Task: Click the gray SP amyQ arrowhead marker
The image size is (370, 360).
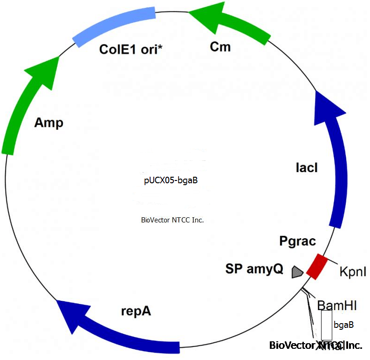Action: [296, 271]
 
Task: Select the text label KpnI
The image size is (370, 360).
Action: [353, 271]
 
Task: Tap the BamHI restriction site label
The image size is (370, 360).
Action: [337, 305]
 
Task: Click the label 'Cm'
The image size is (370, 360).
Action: [220, 47]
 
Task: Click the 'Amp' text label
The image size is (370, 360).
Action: [48, 124]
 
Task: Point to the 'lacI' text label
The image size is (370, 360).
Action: [307, 168]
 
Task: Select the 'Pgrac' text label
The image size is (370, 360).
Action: [297, 242]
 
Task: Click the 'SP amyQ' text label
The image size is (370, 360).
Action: [254, 269]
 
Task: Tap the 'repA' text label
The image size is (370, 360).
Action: [136, 311]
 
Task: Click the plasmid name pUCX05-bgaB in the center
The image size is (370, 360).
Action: [171, 180]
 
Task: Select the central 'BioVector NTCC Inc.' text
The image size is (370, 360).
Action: [172, 220]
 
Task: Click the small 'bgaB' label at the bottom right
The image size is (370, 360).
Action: [343, 324]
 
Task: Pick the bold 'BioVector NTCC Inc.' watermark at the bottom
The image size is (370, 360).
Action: [315, 346]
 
